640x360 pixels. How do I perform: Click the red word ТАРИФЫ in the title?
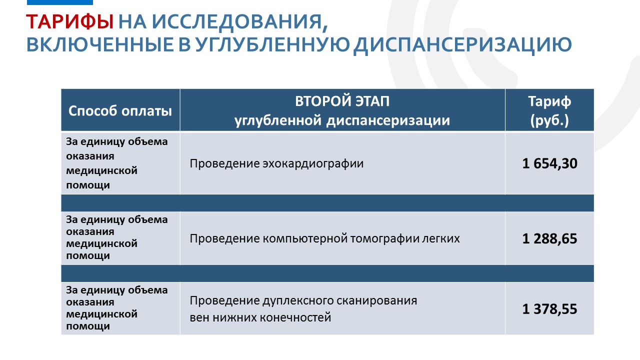click(70, 21)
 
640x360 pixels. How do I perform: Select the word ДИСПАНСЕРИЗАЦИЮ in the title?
click(462, 45)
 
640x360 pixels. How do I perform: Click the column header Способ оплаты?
click(120, 111)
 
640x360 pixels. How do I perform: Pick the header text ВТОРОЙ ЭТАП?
click(342, 101)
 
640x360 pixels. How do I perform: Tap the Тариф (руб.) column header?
click(549, 110)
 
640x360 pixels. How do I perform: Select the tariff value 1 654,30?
click(549, 163)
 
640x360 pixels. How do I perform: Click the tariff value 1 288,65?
click(549, 239)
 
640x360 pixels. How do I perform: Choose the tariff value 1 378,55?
click(549, 309)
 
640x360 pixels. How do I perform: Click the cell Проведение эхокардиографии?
click(276, 163)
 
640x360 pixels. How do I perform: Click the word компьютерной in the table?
click(305, 238)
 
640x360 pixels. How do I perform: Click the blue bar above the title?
click(59, 2)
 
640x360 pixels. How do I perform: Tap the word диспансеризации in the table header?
click(388, 120)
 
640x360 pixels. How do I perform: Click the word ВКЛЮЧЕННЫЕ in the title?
click(100, 44)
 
